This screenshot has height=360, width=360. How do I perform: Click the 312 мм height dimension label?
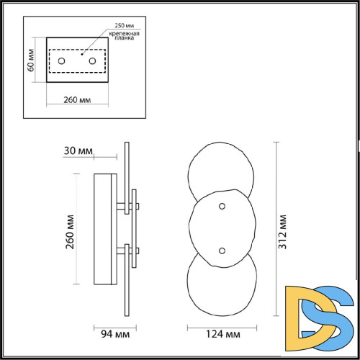(283, 232)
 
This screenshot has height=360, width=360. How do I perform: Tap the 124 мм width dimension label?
(223, 334)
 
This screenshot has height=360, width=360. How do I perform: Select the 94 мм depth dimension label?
(115, 334)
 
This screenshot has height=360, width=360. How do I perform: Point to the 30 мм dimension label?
(78, 150)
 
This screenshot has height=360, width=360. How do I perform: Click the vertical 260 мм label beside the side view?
(70, 232)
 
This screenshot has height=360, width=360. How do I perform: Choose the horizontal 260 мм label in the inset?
(77, 100)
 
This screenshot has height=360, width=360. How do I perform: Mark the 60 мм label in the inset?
(31, 60)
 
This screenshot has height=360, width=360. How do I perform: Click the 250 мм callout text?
(125, 25)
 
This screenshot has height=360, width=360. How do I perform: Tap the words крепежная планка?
(125, 35)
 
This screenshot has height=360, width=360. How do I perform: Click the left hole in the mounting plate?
(62, 61)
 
